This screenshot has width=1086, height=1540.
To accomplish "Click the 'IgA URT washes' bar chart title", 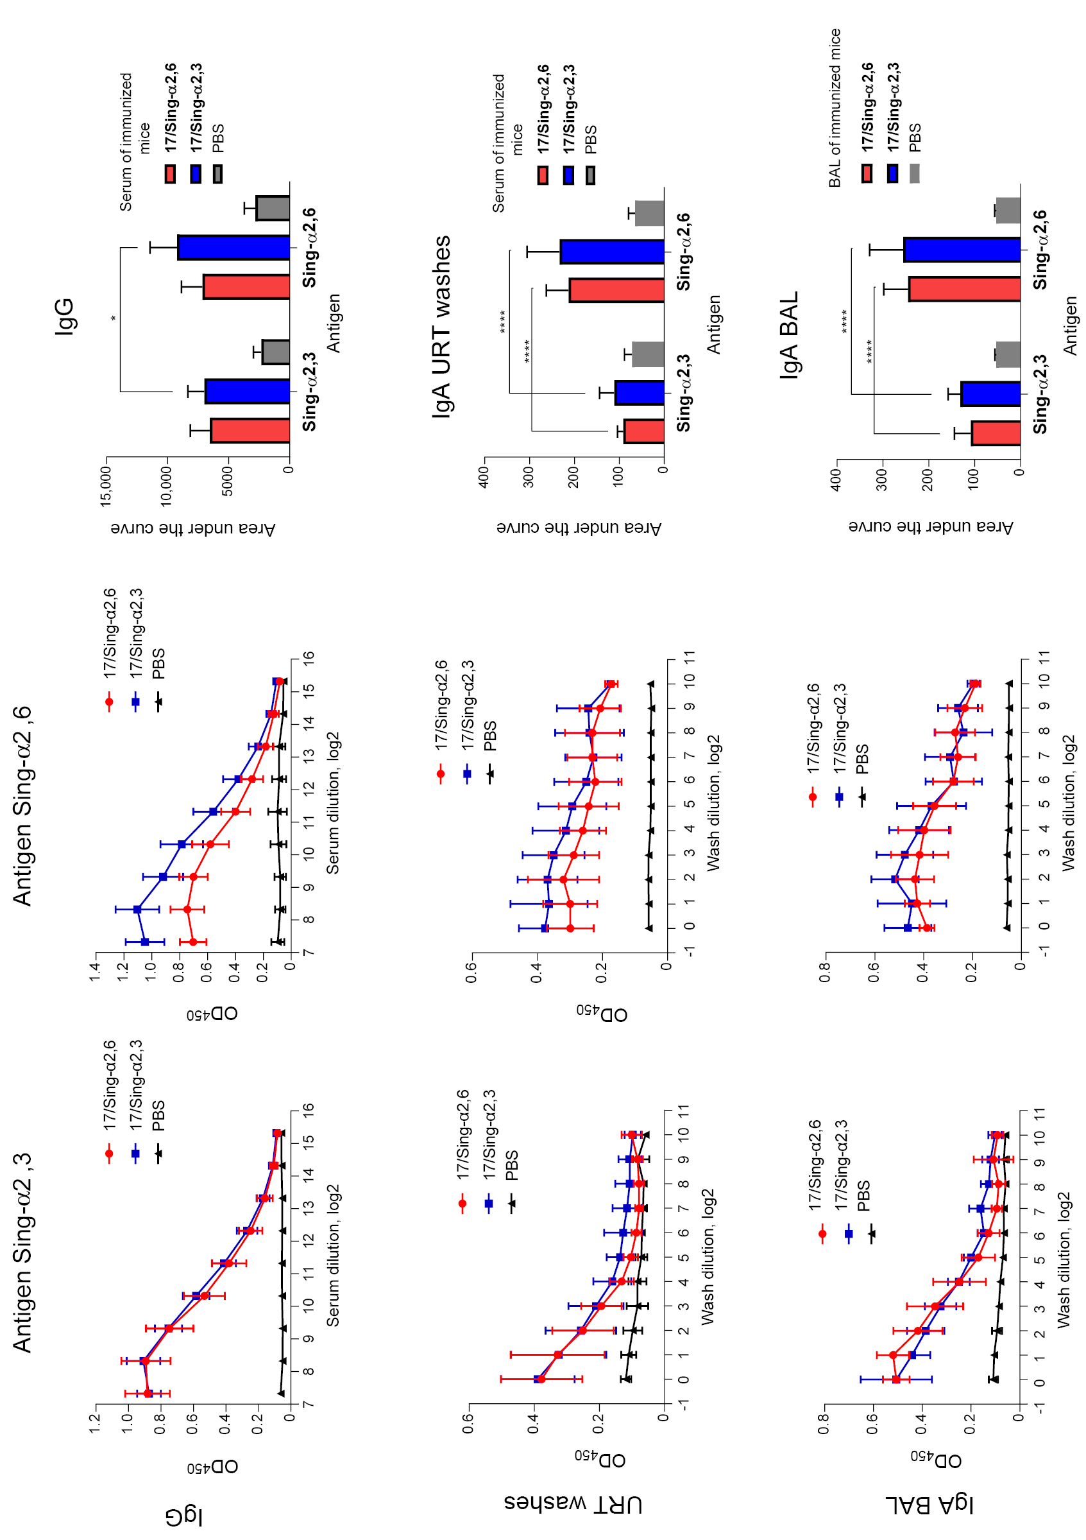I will click(441, 327).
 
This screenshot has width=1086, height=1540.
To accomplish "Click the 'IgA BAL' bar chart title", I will click(789, 334).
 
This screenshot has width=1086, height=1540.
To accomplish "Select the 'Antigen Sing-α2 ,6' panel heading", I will click(22, 806).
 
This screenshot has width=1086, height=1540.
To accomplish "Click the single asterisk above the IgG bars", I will click(114, 318).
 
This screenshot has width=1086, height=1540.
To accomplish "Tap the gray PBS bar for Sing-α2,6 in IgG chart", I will click(273, 208).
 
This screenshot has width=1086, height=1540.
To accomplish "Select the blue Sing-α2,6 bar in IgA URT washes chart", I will click(612, 252).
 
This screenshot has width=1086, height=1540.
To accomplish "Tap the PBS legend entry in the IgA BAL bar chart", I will click(915, 137).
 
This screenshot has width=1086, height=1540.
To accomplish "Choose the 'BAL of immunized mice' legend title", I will click(834, 107).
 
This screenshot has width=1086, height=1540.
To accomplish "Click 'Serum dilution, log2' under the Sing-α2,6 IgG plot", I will click(333, 803).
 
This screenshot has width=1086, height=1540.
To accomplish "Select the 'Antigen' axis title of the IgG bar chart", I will click(333, 324).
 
